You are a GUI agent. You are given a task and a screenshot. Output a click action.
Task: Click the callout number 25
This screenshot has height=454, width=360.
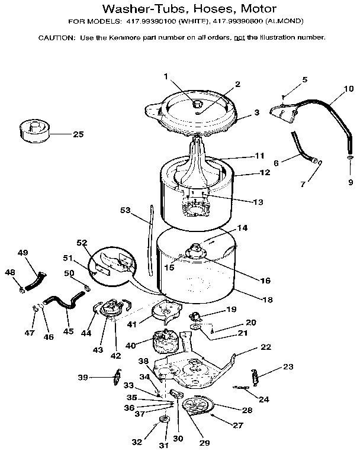coord(78,134)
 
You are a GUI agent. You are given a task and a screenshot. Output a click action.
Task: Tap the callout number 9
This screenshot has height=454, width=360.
coord(350,182)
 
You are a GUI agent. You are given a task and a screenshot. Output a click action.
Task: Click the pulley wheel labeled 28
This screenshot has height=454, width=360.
coord(197,407)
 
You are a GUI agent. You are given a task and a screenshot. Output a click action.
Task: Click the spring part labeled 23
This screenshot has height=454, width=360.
coord(255,375)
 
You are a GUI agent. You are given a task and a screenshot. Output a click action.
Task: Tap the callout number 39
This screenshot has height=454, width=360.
coord(83,378)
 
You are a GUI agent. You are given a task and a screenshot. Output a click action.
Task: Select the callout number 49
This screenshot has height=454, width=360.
coord(22,253)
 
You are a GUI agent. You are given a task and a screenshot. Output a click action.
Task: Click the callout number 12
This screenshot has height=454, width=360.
coord(264,173)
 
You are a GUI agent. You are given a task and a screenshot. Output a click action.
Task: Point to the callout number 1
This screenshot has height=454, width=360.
coord(166,76)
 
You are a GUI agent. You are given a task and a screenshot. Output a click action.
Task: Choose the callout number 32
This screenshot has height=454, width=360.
coord(137,442)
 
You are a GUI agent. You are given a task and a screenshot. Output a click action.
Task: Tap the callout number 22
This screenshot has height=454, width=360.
coord(266,347)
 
